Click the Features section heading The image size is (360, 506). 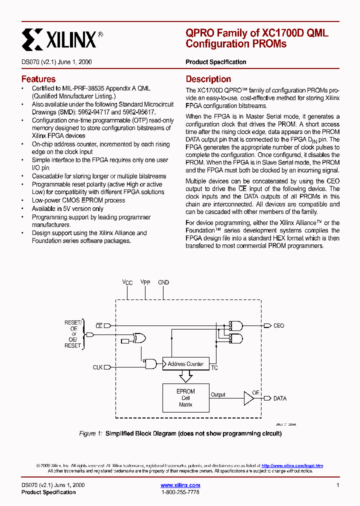[x=38, y=79]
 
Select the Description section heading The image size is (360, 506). [x=208, y=79]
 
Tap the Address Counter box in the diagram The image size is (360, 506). [x=185, y=364]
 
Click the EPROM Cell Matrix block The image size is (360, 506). [x=185, y=398]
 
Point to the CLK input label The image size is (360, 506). [x=97, y=367]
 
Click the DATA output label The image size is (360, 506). [x=279, y=398]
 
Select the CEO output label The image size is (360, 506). [x=278, y=325]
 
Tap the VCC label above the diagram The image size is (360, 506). [x=127, y=282]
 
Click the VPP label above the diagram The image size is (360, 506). [x=145, y=282]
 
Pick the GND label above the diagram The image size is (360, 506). [x=163, y=282]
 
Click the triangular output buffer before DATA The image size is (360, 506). [x=248, y=398]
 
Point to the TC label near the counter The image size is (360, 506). [x=214, y=368]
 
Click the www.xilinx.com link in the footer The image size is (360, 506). [x=180, y=485]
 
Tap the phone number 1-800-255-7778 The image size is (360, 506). [x=180, y=492]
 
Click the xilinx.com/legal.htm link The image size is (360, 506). [x=292, y=465]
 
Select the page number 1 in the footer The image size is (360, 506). [x=338, y=485]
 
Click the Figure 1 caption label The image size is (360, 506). [x=90, y=433]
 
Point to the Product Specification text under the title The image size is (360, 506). [x=215, y=62]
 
